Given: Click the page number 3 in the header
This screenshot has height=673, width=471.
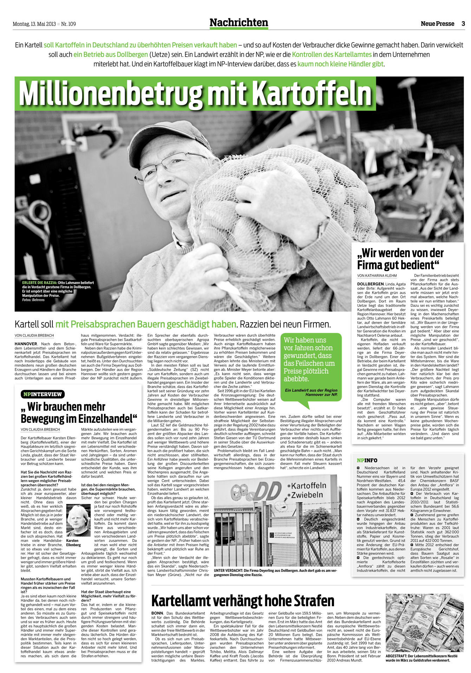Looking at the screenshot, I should [x=463, y=24].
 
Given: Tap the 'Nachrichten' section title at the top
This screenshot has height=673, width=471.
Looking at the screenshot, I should [x=238, y=23].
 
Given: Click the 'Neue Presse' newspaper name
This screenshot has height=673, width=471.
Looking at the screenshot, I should [x=437, y=24].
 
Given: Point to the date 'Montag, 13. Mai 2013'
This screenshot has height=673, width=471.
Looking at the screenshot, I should [x=34, y=24].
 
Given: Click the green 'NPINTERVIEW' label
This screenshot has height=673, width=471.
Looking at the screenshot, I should [x=42, y=394].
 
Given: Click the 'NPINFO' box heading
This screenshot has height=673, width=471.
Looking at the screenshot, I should [x=367, y=460].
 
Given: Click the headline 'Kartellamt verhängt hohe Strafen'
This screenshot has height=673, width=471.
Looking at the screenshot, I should [x=243, y=601].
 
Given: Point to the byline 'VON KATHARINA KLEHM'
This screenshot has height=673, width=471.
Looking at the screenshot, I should [x=377, y=276].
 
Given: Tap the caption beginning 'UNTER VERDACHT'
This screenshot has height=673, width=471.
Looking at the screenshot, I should [x=275, y=572].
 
